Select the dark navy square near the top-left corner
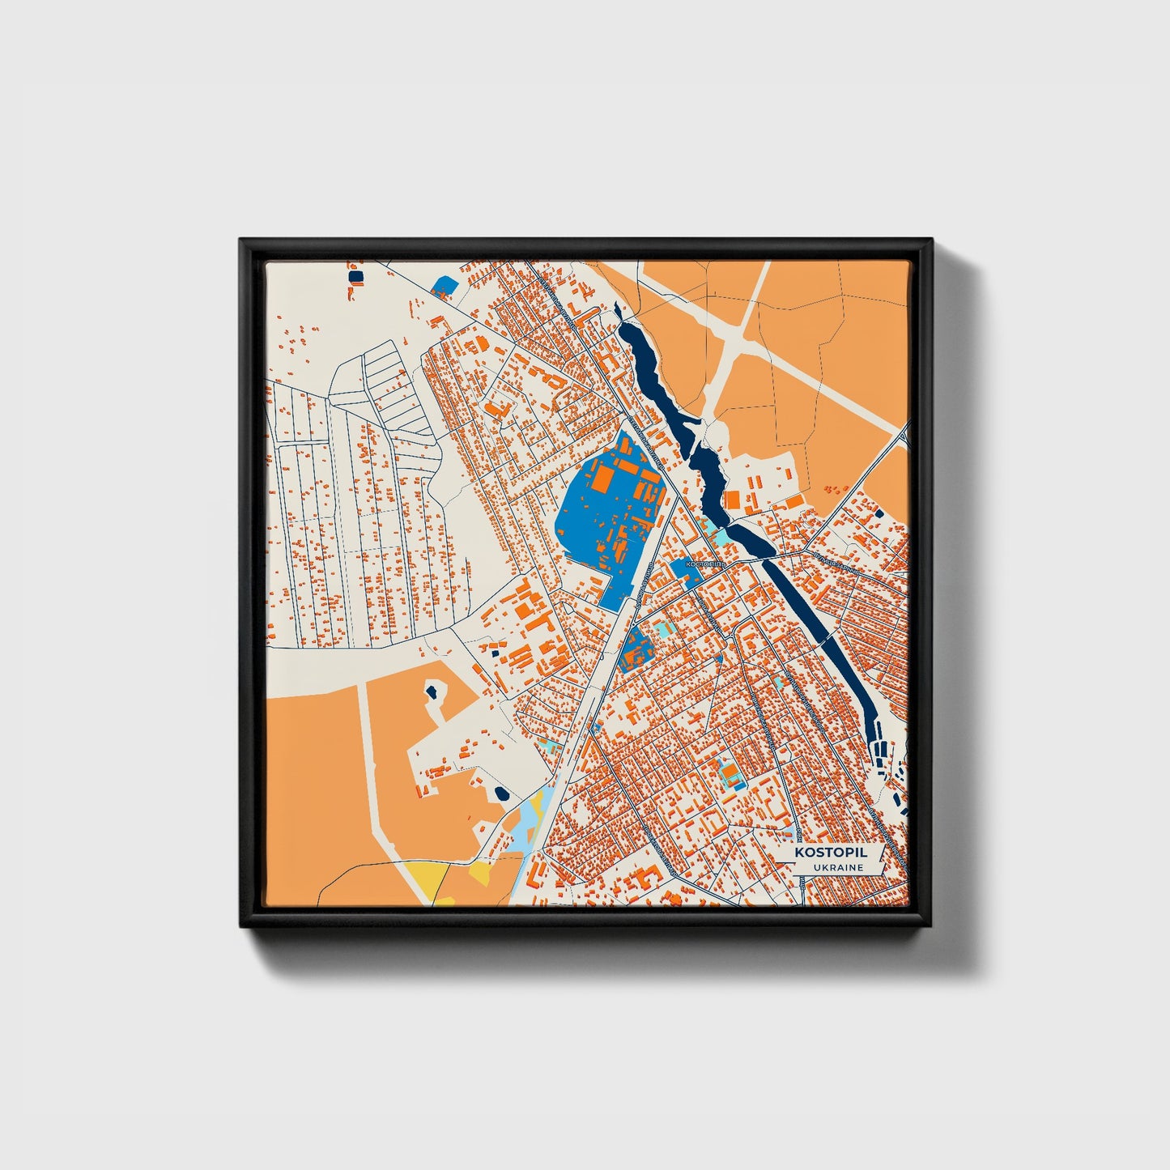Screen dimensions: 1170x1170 [x=355, y=277]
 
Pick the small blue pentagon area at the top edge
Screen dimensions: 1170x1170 [x=445, y=285]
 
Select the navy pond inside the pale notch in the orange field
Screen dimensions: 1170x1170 [x=432, y=691]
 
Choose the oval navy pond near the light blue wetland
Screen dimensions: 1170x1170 [x=501, y=793]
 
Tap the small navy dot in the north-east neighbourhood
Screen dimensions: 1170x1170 [x=878, y=513]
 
